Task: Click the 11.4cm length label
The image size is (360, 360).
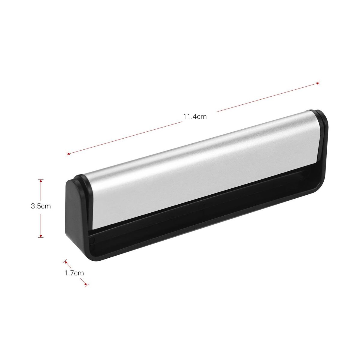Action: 195,117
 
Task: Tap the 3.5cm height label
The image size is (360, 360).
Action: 41,206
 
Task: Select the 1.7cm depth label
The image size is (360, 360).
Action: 74,273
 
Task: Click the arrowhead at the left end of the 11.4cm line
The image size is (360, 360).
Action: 68,154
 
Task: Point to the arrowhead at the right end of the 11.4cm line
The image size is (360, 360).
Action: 317,83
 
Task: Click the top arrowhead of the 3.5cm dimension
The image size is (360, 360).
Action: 41,181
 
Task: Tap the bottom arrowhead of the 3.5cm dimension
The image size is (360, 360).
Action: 41,236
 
